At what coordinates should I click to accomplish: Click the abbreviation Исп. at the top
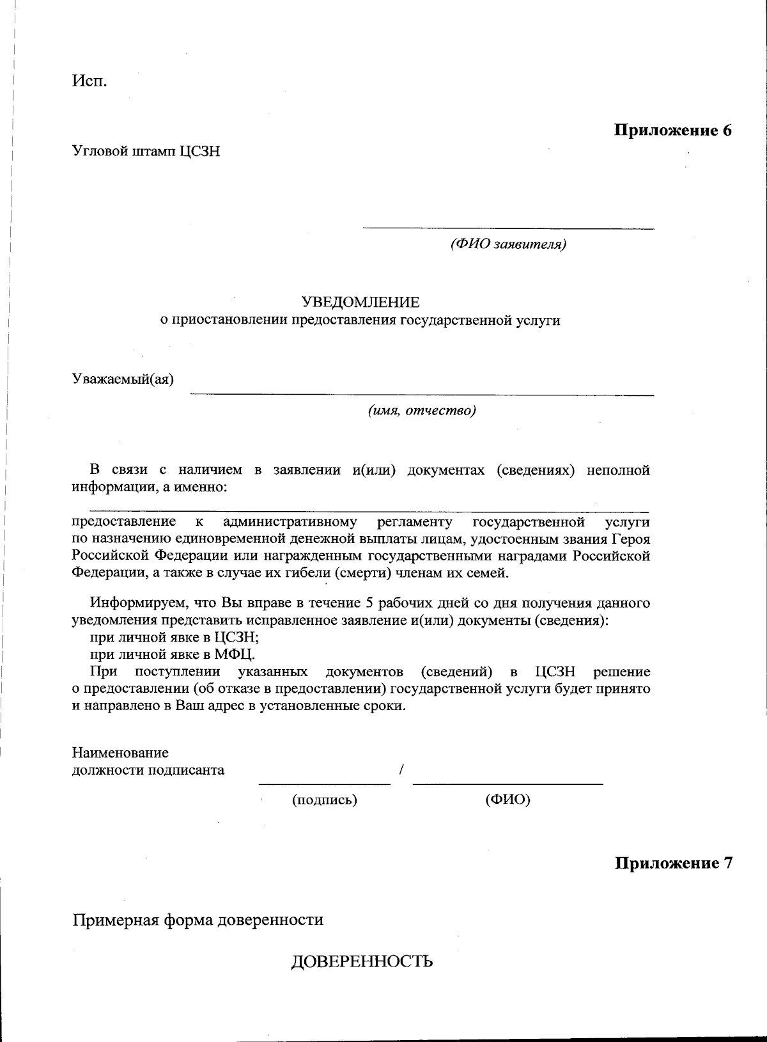89,83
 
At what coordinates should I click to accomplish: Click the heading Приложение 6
672,130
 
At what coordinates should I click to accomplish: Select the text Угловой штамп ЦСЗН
146,152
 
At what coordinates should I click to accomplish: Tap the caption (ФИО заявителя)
508,244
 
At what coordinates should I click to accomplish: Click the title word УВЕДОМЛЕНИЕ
360,302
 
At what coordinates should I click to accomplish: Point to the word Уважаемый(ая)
123,379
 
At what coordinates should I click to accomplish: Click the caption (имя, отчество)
421,411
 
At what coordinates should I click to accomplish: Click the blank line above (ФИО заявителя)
508,228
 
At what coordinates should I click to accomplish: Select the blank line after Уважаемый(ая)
422,395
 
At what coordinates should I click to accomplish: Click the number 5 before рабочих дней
369,603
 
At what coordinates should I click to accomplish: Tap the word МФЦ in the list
234,654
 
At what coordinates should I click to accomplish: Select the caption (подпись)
324,800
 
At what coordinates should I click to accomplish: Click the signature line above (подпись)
324,783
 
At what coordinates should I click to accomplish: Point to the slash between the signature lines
401,770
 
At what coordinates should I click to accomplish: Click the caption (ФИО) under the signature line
508,800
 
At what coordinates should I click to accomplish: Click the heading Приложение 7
673,863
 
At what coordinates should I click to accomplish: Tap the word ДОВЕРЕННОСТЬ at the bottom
362,961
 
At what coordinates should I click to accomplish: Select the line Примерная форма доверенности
198,920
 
